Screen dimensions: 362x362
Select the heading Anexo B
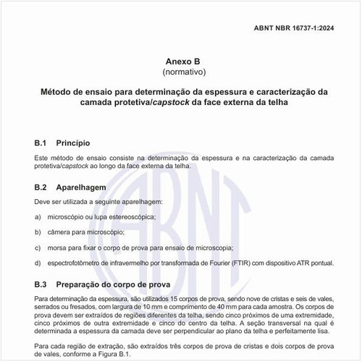(x=181, y=62)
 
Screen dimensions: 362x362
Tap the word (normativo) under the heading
(x=181, y=72)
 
